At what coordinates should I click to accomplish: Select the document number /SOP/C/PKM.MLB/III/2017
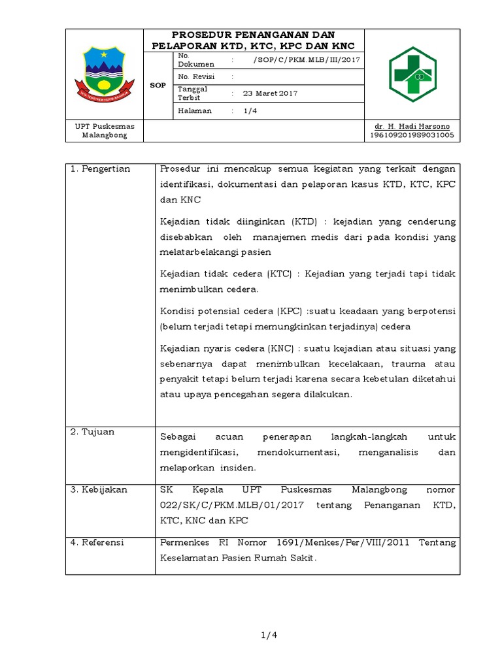pyautogui.click(x=306, y=60)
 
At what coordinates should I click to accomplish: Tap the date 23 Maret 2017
pyautogui.click(x=270, y=93)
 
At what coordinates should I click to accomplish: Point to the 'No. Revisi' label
pyautogui.click(x=196, y=76)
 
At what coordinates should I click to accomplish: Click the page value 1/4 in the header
pyautogui.click(x=250, y=111)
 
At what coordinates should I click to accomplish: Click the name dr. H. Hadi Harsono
pyautogui.click(x=412, y=125)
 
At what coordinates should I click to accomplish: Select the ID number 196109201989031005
pyautogui.click(x=412, y=135)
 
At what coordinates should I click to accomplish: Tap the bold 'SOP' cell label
pyautogui.click(x=158, y=86)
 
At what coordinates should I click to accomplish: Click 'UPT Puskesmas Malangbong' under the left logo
pyautogui.click(x=104, y=130)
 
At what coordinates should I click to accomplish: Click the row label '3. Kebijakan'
pyautogui.click(x=99, y=489)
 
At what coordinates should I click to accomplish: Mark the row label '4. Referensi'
pyautogui.click(x=99, y=542)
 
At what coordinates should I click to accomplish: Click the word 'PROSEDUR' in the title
pyautogui.click(x=199, y=35)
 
